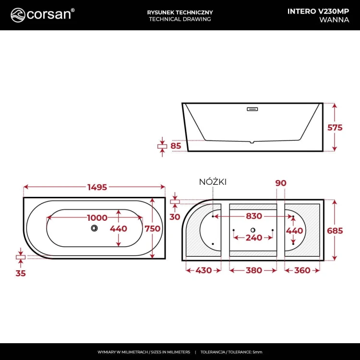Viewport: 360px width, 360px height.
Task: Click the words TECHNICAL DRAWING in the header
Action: (180, 19)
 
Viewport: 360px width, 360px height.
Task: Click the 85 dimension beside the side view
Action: (176, 145)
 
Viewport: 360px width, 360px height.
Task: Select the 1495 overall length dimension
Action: (94, 187)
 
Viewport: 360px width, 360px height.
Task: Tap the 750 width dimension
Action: (153, 229)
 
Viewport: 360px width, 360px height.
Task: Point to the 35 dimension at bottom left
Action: (20, 273)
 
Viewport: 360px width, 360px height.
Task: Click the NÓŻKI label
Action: (213, 181)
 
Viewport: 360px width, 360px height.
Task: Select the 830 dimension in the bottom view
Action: (253, 217)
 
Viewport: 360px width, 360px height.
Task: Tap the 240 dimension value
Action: (253, 238)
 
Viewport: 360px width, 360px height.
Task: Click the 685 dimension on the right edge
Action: (335, 230)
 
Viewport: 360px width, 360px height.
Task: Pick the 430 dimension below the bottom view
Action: (204, 270)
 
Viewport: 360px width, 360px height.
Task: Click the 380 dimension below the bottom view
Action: (253, 270)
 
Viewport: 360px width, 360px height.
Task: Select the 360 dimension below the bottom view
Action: (302, 270)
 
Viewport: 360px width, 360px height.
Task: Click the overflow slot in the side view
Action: (252, 109)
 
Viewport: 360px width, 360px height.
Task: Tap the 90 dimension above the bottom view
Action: (281, 182)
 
